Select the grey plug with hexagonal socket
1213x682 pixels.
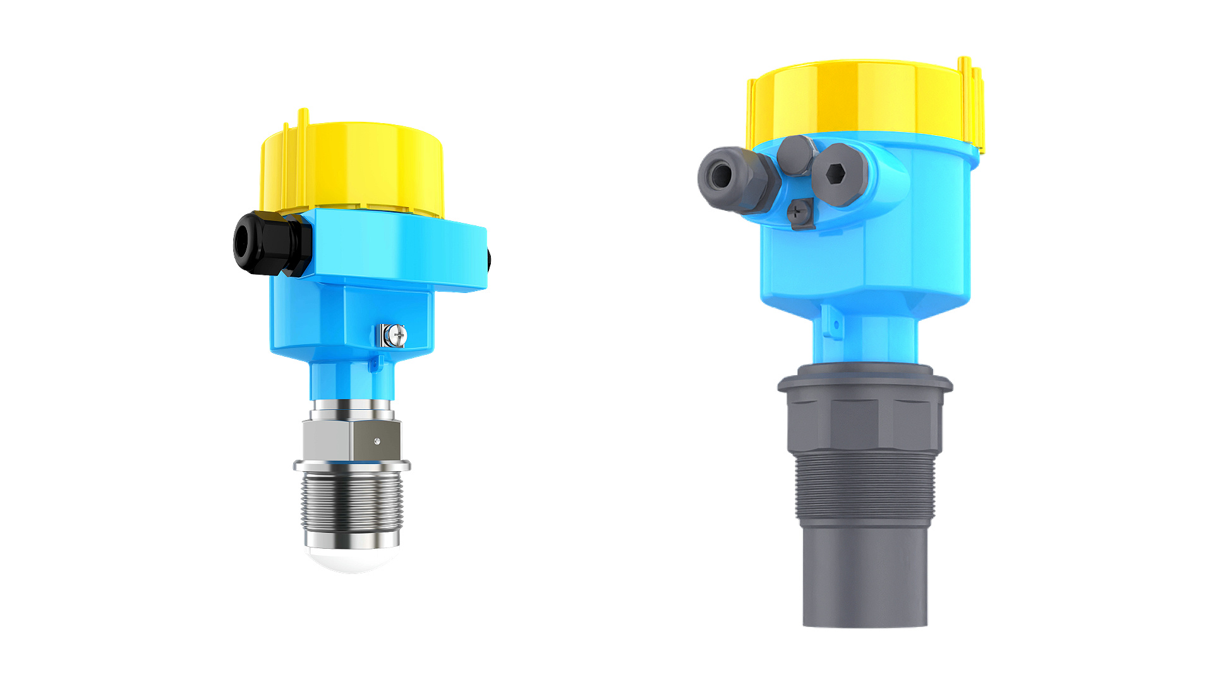[838, 174]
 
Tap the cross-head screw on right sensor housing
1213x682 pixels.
[801, 213]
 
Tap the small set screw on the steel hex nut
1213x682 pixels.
[377, 441]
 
